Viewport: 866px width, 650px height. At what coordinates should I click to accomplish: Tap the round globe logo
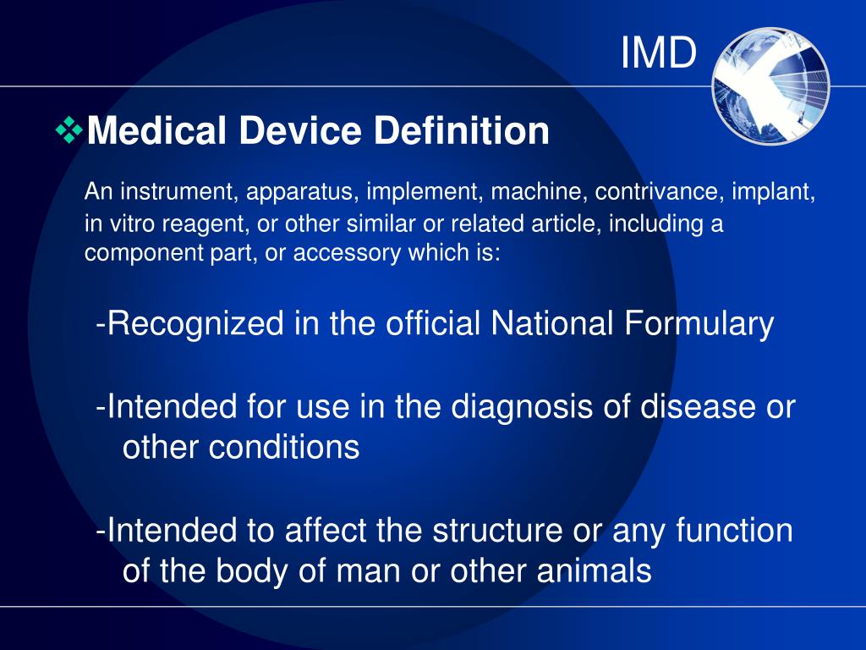tap(770, 86)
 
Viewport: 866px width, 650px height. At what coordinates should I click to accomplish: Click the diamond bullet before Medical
tap(69, 130)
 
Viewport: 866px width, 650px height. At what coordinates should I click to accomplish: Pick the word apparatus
tap(292, 192)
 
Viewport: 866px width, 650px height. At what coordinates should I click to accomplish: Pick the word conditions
tap(241, 447)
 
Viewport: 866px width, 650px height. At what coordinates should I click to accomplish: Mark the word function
tap(735, 531)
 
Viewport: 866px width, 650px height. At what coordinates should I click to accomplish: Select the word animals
tap(593, 571)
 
